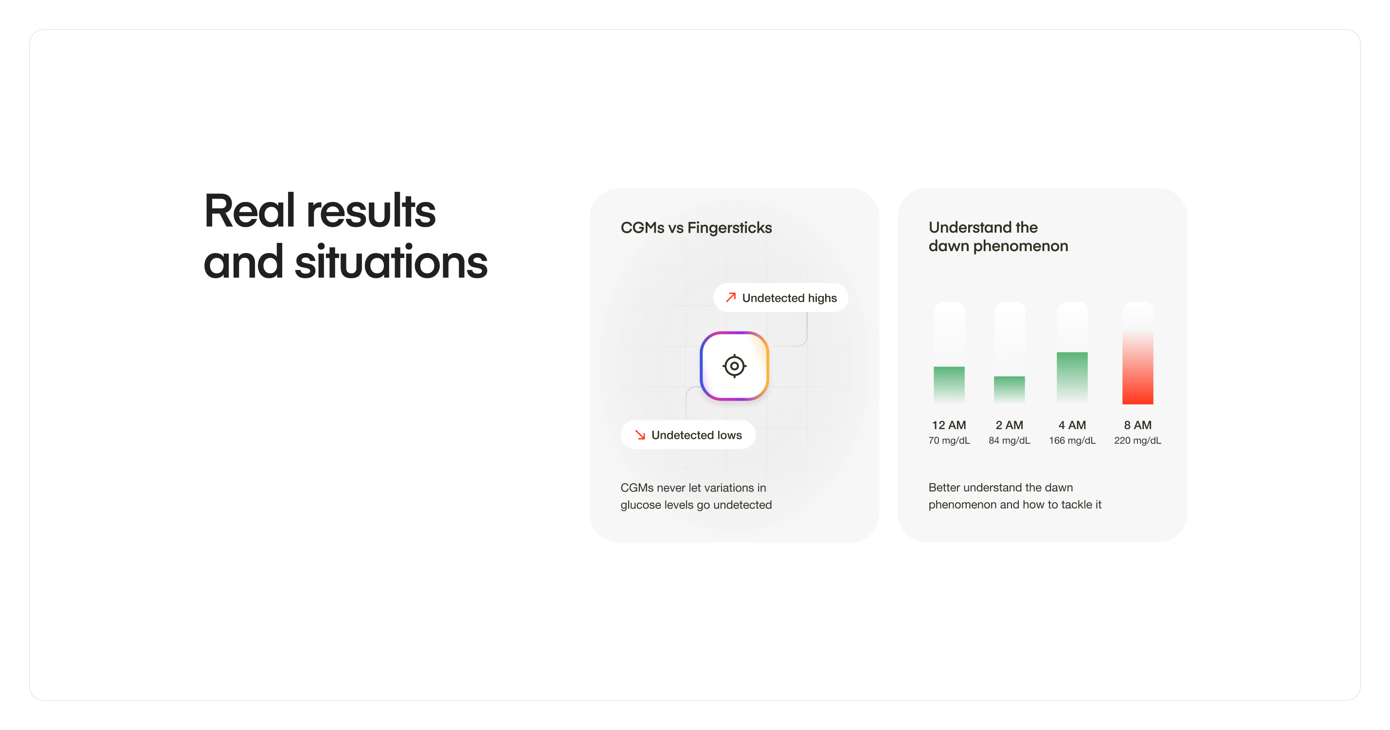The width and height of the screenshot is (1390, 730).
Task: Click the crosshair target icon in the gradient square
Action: click(x=734, y=366)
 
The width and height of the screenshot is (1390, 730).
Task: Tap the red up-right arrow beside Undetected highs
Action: click(x=731, y=297)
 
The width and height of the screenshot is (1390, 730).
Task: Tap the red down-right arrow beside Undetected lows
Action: click(x=640, y=435)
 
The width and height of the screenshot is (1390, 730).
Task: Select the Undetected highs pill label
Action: click(x=780, y=297)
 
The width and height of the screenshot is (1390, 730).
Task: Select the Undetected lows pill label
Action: click(x=688, y=435)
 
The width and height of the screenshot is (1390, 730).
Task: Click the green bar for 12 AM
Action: click(x=949, y=385)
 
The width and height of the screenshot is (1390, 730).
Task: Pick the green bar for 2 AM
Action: click(x=1009, y=390)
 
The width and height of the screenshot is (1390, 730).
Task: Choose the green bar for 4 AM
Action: click(x=1072, y=378)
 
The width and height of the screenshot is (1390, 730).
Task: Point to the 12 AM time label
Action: click(x=949, y=425)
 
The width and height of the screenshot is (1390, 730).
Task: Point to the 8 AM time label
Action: click(x=1137, y=425)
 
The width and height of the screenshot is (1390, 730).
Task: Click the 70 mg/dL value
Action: click(x=949, y=440)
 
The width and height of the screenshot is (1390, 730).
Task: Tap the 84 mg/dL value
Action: click(x=1009, y=440)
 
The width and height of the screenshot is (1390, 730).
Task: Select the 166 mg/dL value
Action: click(x=1072, y=440)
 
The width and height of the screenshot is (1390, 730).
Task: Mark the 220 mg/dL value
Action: click(x=1137, y=440)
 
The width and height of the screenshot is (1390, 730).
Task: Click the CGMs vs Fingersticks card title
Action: click(x=696, y=228)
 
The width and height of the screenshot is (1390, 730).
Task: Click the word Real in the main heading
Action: click(x=249, y=211)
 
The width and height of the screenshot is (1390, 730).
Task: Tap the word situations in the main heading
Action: click(x=391, y=262)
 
